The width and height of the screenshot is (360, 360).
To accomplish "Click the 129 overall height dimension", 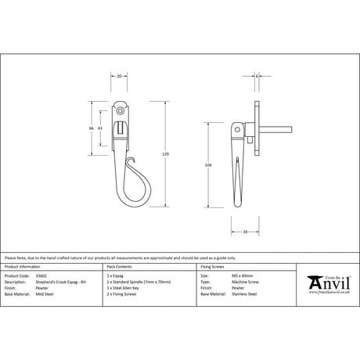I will (x=164, y=155).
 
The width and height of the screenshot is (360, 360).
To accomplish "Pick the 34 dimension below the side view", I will (x=246, y=232).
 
